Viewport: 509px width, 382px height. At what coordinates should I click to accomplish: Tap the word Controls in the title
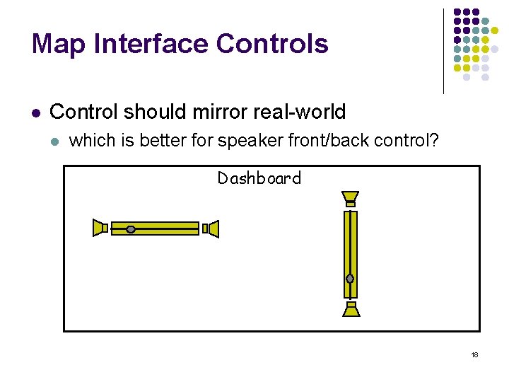(x=272, y=44)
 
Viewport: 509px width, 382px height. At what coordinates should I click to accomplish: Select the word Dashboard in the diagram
(x=259, y=178)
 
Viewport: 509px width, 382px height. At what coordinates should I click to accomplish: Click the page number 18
(x=474, y=354)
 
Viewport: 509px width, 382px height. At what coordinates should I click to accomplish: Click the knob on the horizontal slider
(x=131, y=228)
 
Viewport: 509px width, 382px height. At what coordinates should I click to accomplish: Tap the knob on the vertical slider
(x=350, y=279)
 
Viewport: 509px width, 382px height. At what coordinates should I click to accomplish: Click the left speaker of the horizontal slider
(x=100, y=228)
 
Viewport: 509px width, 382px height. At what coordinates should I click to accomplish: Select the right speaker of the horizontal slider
(x=211, y=228)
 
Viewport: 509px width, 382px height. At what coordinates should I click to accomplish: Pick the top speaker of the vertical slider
(x=350, y=197)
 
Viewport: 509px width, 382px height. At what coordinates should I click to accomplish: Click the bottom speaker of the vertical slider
(x=351, y=309)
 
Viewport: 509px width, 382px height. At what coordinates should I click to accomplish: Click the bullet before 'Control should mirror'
(x=36, y=112)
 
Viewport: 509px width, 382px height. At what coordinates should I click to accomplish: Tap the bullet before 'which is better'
(x=57, y=141)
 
